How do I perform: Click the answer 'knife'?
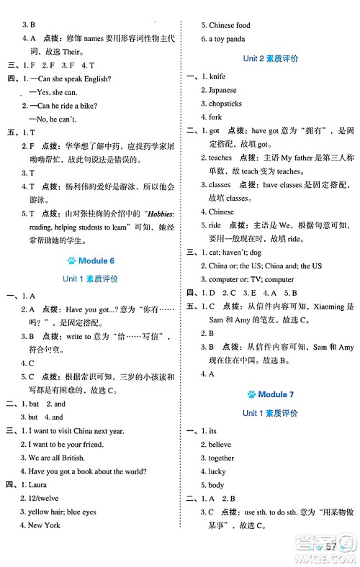[x=217, y=76]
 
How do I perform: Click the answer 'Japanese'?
[x=222, y=90]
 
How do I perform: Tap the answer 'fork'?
[x=215, y=117]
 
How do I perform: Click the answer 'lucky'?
[x=217, y=472]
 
